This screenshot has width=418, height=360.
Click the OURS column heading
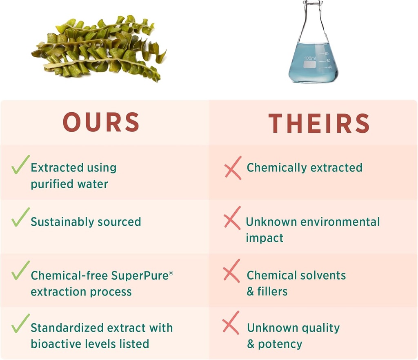(x=101, y=122)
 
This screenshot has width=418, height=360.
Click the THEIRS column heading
(x=319, y=122)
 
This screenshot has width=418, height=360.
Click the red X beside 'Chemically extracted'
(x=233, y=167)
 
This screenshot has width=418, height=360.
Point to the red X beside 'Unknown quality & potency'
(x=231, y=324)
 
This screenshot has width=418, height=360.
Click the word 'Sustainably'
(x=57, y=222)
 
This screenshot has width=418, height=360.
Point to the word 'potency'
(x=280, y=344)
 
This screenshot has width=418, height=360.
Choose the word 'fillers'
(x=272, y=291)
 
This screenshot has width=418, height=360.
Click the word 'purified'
(x=50, y=184)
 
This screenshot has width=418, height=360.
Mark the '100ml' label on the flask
(x=310, y=58)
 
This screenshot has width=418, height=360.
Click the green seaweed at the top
(x=98, y=47)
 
